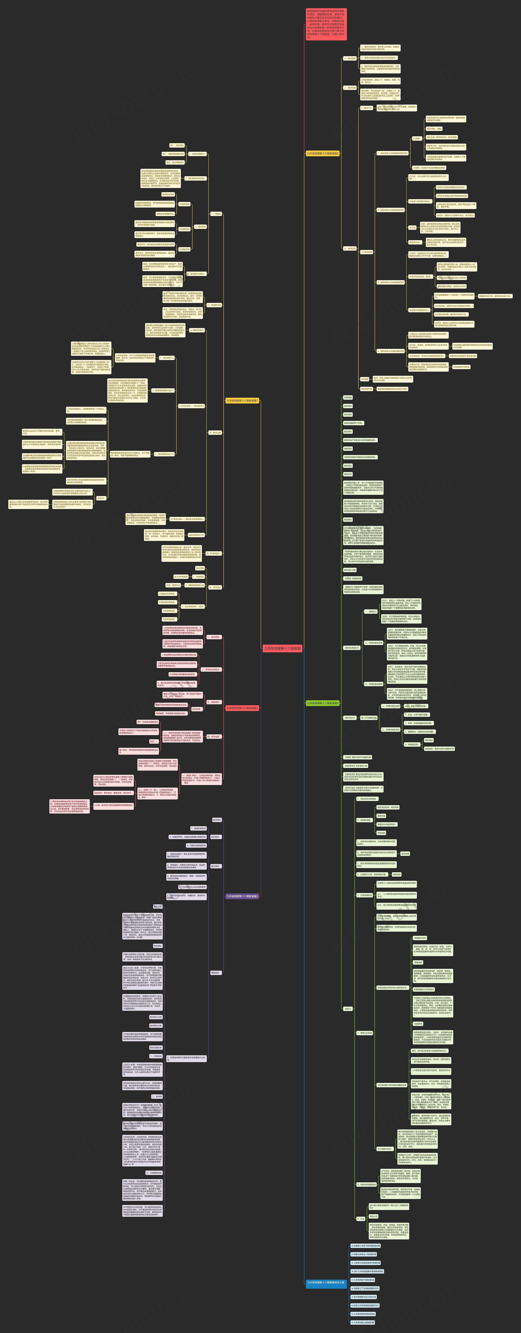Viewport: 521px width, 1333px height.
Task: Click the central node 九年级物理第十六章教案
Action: (x=282, y=648)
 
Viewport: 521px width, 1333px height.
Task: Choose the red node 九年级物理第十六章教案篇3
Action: (x=242, y=708)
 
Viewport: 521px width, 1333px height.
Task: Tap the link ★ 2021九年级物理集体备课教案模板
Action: (x=368, y=1271)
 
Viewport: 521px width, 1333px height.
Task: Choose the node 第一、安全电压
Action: (x=177, y=145)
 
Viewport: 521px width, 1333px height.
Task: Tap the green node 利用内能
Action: (x=348, y=397)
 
